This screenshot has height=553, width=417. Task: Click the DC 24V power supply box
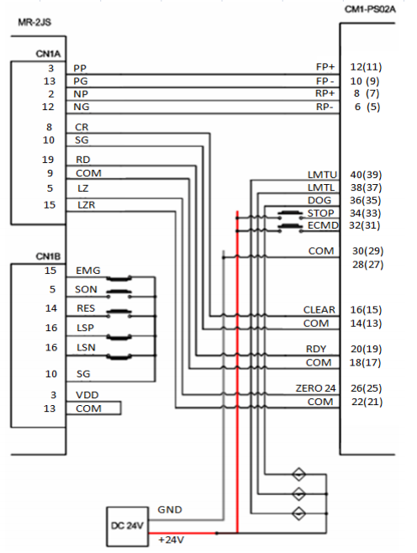(127, 526)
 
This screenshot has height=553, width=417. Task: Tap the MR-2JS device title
(34, 23)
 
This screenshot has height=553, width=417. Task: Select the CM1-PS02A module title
(370, 9)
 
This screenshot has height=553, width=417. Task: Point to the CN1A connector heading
(48, 54)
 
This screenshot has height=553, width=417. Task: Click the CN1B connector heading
(48, 256)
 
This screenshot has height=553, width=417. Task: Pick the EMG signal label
(87, 271)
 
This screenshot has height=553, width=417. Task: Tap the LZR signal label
(86, 205)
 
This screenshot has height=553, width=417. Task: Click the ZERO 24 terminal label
(315, 388)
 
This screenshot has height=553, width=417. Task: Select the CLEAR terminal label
(319, 309)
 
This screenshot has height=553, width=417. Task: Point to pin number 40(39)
(366, 175)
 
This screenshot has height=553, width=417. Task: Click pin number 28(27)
(367, 265)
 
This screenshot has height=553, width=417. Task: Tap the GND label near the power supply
(170, 509)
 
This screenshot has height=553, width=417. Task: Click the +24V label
(172, 540)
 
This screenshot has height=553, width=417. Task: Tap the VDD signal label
(87, 395)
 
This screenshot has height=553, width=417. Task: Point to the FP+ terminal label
(325, 67)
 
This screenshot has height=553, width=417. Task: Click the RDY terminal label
(316, 349)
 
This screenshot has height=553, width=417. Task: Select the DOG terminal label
(319, 200)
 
